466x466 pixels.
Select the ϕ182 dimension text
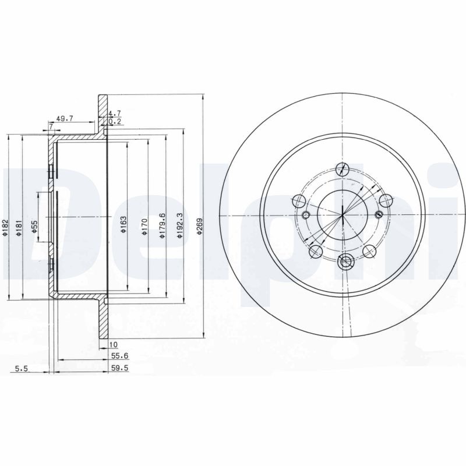[x=5, y=227]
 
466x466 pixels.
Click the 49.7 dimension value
[x=65, y=118]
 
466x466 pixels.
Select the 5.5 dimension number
[x=20, y=368]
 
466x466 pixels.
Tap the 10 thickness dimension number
[x=113, y=345]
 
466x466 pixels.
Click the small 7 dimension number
[x=51, y=126]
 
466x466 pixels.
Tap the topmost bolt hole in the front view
[x=343, y=169]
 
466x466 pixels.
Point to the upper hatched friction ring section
[x=103, y=115]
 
